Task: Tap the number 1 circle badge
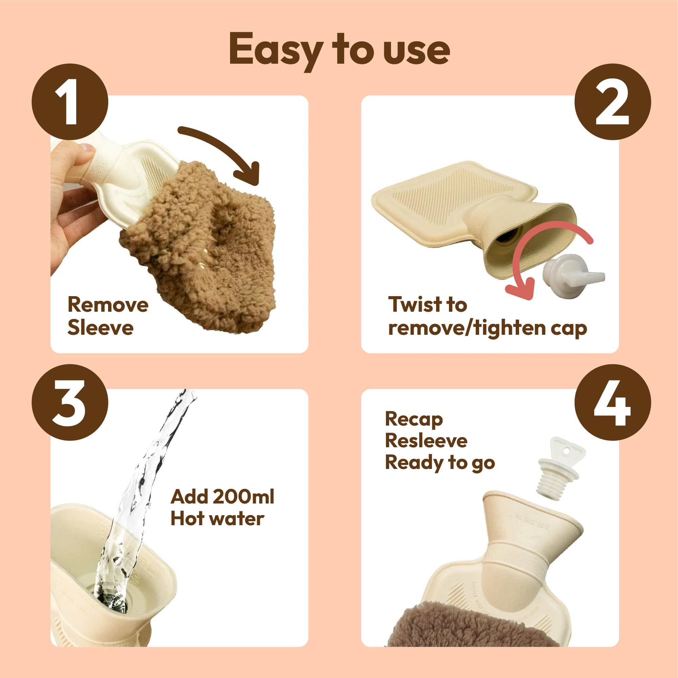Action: coord(70,102)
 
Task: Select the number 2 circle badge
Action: coord(613,102)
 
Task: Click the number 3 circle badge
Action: coord(70,403)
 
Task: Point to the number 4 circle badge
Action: coord(613,403)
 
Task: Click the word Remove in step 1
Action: coord(108,305)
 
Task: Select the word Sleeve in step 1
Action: coord(100,328)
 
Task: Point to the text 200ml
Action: coord(244,497)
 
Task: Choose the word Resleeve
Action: coord(426,441)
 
